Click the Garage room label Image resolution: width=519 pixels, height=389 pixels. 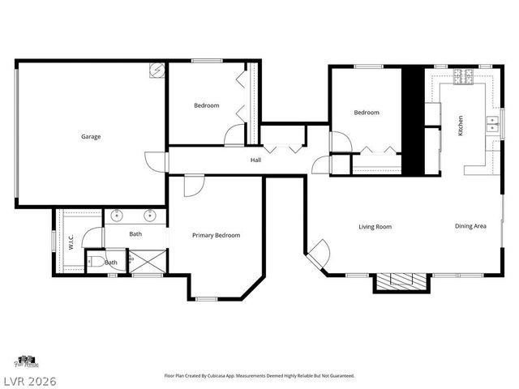point(91,137)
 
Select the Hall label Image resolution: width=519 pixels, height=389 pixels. point(255,160)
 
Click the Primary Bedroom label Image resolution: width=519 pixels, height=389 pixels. point(216,236)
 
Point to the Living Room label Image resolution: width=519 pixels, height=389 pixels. point(375,227)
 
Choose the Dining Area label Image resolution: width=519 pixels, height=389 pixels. point(470,226)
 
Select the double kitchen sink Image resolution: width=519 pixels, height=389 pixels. point(492,123)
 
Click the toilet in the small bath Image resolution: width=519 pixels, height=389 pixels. point(96,262)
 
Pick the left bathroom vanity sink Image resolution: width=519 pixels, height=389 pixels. point(117,216)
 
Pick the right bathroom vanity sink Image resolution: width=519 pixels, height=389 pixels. point(150,216)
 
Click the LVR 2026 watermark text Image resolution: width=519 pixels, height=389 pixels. point(29,378)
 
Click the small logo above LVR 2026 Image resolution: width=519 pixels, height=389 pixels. point(26,361)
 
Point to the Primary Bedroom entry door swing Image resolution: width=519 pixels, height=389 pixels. point(193,186)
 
